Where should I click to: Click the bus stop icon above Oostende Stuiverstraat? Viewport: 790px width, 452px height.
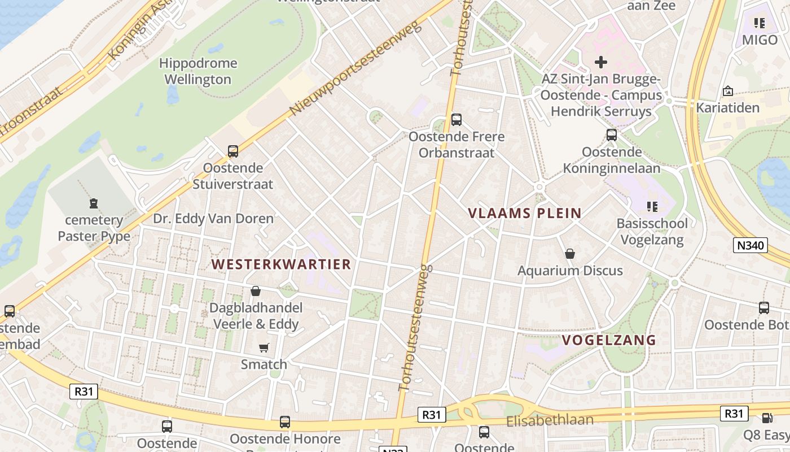233,151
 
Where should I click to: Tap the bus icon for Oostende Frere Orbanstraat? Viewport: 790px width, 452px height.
457,120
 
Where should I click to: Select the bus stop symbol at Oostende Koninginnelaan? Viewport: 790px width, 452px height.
612,135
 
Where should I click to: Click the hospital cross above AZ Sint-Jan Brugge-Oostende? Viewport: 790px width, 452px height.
601,62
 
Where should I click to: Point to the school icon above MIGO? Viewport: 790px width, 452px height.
760,23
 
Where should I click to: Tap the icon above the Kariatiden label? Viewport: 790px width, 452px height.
728,91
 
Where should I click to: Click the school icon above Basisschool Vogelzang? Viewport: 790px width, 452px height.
652,207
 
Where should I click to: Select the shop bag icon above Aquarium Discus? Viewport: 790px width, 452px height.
570,254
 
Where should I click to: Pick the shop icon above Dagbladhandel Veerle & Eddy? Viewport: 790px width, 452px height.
256,291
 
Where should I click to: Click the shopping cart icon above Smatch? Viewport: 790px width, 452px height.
264,347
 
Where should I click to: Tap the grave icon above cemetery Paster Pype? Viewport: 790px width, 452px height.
94,203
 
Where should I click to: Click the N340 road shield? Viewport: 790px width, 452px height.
750,245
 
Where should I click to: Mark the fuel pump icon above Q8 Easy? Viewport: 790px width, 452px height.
767,418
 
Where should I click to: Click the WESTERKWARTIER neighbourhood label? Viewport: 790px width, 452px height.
281,264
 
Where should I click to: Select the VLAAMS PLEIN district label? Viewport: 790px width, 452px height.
525,213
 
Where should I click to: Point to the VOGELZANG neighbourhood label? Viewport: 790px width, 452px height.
609,340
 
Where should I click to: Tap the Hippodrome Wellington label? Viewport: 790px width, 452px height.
198,71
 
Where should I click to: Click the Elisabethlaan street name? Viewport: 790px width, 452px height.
550,420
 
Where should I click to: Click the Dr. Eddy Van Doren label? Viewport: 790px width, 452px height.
213,219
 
